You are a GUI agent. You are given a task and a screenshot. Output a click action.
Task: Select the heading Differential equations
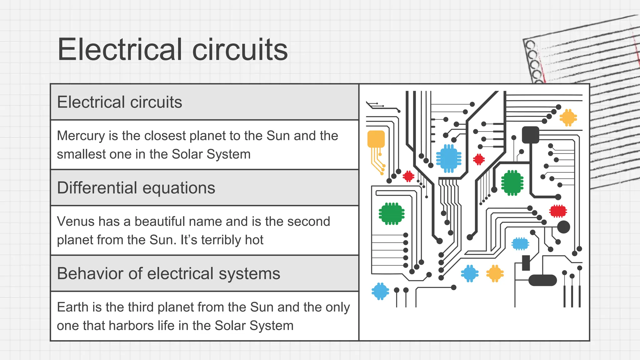coord(136,188)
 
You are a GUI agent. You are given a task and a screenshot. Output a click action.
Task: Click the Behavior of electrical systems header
coord(168,273)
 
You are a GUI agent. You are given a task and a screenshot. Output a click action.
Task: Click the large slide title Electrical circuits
coord(172,49)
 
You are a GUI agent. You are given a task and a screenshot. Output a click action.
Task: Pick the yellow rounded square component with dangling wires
coord(376,139)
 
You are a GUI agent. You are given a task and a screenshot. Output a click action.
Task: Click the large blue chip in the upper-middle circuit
coord(449,158)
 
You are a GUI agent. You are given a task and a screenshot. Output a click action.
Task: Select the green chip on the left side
coord(392,214)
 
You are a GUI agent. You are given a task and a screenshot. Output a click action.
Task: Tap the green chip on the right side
coord(512,183)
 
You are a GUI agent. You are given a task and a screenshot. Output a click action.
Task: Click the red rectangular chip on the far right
coord(558,211)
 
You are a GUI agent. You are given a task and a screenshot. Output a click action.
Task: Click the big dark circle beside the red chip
coord(563,227)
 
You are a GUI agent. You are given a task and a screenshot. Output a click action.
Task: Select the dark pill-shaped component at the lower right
coord(542,280)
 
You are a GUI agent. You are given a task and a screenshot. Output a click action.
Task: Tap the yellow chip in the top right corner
coord(568,117)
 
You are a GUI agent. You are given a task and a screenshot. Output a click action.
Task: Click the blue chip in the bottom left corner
coord(380,291)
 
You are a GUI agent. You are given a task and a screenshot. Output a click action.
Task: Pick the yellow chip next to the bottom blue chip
coord(495,273)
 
